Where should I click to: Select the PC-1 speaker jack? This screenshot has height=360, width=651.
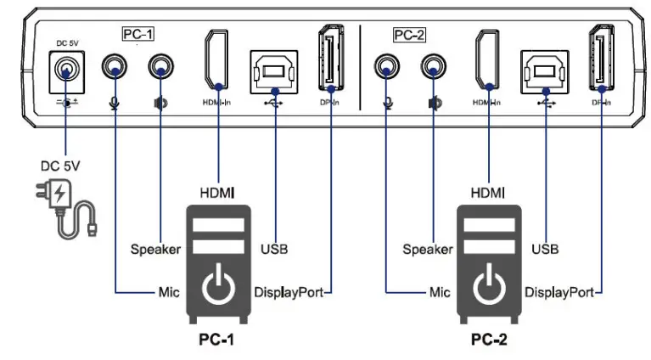coord(160,67)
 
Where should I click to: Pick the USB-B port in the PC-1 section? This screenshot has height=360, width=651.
coord(272,69)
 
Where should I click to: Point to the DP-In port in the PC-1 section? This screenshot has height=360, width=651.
coord(329,59)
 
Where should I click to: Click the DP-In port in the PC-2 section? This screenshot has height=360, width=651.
coord(601,59)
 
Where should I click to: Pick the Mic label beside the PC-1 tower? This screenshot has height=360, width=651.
coord(166,292)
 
